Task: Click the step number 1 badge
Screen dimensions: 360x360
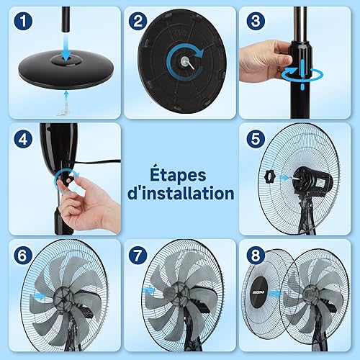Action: click(23, 21)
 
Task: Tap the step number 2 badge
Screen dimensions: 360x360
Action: click(138, 21)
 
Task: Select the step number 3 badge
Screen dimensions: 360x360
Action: click(256, 21)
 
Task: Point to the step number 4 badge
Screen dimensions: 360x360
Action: click(23, 139)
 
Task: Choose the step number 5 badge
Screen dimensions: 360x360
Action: click(256, 139)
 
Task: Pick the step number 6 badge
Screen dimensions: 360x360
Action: click(23, 256)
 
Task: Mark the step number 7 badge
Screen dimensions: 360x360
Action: click(138, 256)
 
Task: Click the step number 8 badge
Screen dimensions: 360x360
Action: click(256, 256)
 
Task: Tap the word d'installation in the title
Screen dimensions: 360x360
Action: click(181, 193)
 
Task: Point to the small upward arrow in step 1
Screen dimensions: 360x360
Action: click(66, 97)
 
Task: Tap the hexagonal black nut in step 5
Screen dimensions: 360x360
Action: click(270, 177)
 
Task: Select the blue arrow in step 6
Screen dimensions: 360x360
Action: click(39, 296)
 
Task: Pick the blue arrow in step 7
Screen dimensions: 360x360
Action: click(148, 291)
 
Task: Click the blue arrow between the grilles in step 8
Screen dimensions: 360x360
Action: click(275, 293)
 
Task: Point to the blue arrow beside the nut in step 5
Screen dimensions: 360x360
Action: click(284, 178)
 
